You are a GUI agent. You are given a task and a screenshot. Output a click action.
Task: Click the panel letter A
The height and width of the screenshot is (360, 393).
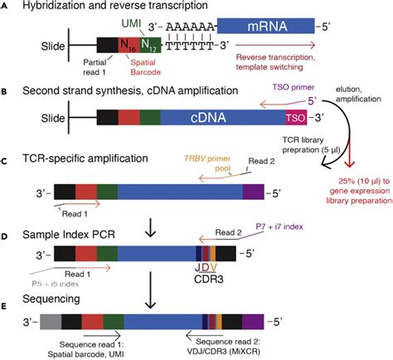tap(7, 7)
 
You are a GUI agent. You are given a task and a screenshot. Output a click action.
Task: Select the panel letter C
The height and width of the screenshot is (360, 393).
tap(7, 158)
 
